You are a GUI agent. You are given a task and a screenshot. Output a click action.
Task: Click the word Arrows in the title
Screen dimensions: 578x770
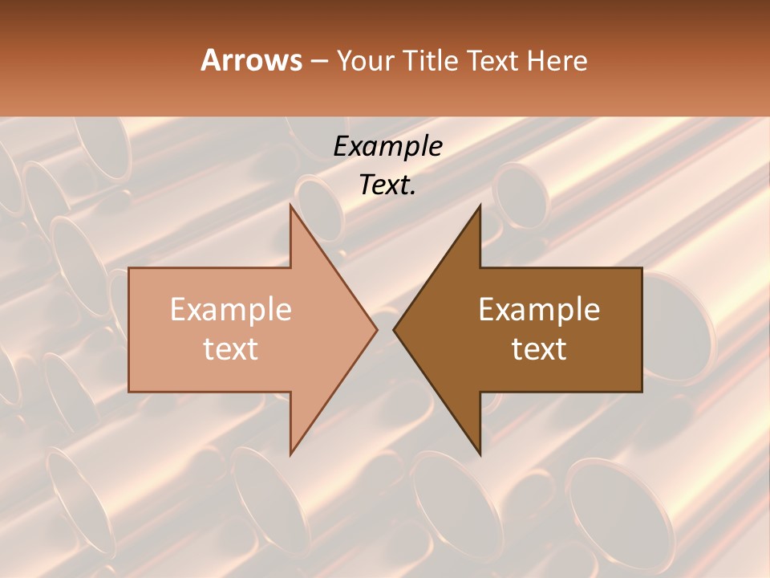click(x=251, y=60)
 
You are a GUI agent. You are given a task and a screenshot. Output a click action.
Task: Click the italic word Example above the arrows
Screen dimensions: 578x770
click(x=387, y=146)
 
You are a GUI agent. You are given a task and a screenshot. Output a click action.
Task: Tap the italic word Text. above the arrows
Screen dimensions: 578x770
click(x=387, y=185)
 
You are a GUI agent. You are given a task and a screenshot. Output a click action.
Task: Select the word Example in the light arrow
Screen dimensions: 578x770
click(x=231, y=310)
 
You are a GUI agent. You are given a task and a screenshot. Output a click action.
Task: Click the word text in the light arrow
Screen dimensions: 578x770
click(x=231, y=349)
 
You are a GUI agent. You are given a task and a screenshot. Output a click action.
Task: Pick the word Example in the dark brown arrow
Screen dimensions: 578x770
click(x=539, y=310)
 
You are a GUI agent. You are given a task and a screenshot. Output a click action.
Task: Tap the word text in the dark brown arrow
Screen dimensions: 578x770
click(x=539, y=349)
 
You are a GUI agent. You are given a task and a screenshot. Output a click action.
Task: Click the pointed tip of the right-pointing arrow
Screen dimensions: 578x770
click(x=377, y=329)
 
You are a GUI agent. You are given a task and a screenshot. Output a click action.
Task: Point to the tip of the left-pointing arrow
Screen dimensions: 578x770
click(x=394, y=329)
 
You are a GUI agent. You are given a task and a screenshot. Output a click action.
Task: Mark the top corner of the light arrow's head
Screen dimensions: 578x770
click(x=290, y=206)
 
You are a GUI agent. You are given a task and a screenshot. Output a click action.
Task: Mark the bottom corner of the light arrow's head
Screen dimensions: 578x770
click(x=290, y=454)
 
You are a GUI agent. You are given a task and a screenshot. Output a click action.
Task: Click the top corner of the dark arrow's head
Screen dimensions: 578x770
click(x=480, y=206)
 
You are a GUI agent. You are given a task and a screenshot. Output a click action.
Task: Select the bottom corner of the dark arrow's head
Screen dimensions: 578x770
click(x=480, y=454)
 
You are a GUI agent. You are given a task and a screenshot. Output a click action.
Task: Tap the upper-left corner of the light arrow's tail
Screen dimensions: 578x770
click(x=129, y=268)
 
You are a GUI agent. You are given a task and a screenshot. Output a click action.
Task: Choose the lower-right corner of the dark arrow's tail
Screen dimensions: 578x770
click(x=642, y=392)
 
